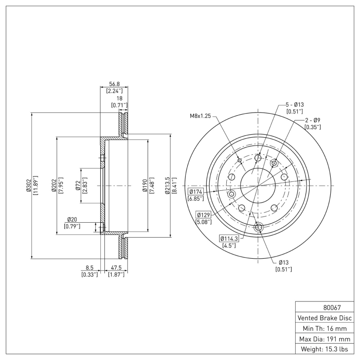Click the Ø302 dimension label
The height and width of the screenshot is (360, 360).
(x=28, y=185)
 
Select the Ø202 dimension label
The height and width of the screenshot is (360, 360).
(x=54, y=185)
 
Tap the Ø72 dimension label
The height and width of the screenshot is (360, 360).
(x=78, y=185)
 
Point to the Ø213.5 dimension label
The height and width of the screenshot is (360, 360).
(x=167, y=185)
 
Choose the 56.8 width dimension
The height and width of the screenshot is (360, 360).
(x=114, y=84)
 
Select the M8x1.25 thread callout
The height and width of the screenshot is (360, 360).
(x=199, y=116)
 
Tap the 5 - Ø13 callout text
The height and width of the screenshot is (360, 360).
(x=294, y=104)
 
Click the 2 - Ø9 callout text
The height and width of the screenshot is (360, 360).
(x=313, y=121)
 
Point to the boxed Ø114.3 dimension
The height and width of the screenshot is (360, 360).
(x=229, y=238)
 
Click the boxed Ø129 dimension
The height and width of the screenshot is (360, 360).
(x=203, y=215)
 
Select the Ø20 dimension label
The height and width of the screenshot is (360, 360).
(x=72, y=219)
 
